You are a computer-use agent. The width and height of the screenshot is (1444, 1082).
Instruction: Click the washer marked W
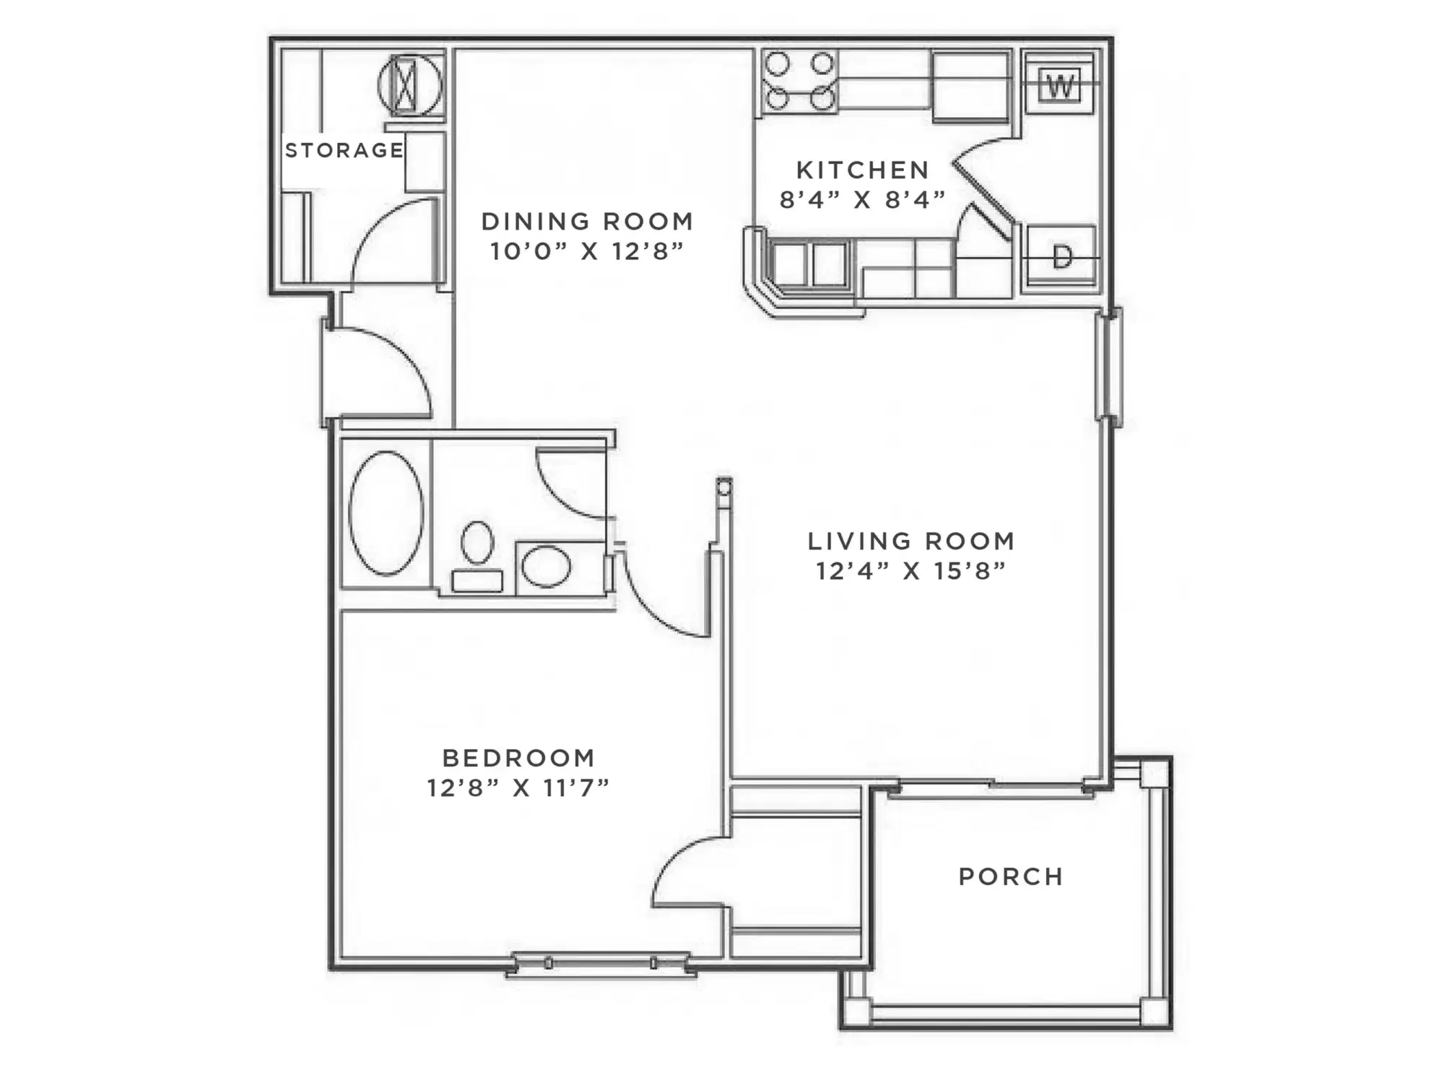(1060, 84)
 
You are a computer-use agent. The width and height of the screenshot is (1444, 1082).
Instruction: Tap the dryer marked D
(1061, 257)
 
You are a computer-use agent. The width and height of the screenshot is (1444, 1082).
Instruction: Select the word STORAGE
(344, 150)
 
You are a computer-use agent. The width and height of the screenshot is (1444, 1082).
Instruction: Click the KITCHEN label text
(863, 170)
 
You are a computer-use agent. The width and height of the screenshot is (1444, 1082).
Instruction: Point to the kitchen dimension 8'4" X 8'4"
(863, 198)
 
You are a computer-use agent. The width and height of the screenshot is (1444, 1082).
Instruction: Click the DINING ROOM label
(587, 221)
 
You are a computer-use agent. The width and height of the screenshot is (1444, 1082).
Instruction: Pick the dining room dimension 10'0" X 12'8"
(587, 250)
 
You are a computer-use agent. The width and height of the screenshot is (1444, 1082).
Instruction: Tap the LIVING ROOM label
(911, 541)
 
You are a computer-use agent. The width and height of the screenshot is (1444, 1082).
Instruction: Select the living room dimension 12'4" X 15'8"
(911, 570)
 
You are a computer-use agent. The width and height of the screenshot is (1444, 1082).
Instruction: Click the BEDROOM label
(518, 758)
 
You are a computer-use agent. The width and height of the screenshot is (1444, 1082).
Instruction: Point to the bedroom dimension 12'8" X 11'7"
(518, 787)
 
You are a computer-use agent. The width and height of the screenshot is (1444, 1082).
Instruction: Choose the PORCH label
(1011, 876)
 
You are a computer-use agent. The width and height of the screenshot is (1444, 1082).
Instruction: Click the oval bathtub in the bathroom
(386, 513)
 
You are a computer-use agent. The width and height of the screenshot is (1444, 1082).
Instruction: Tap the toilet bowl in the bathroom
(477, 543)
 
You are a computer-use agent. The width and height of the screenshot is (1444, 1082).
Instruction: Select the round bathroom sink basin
(547, 566)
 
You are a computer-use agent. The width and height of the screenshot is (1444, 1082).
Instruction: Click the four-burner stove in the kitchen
(799, 82)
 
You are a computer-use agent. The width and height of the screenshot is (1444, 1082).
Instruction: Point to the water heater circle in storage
(410, 85)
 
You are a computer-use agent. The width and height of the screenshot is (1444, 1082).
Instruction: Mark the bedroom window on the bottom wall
(601, 964)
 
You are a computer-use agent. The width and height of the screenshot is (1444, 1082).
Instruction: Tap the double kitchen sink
(809, 265)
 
